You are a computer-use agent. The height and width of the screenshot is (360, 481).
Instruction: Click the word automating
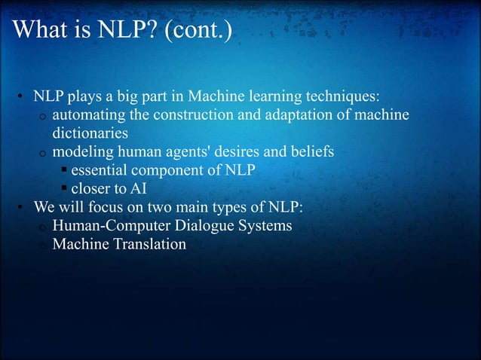pyautogui.click(x=89, y=115)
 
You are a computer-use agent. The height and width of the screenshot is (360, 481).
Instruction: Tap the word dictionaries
pyautogui.click(x=90, y=133)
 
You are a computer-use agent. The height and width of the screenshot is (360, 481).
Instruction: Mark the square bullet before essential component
pyautogui.click(x=65, y=170)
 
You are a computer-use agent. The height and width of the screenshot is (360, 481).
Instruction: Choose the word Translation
pyautogui.click(x=150, y=244)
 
